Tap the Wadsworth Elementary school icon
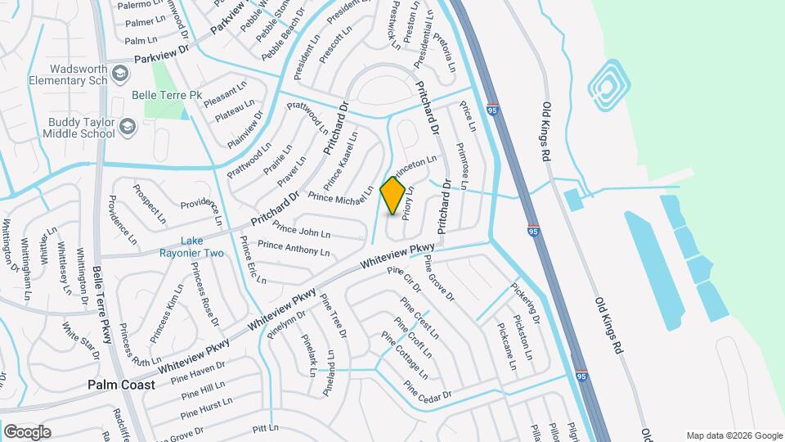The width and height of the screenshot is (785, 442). click(x=120, y=75)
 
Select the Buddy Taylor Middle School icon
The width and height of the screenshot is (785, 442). click(x=127, y=127)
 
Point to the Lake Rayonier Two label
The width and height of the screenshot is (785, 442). click(x=202, y=246)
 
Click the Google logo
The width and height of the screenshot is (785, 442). click(x=27, y=431)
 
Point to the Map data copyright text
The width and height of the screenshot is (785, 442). click(x=733, y=435)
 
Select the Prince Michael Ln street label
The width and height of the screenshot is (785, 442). click(x=340, y=193)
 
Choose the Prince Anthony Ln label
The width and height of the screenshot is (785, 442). click(x=293, y=247)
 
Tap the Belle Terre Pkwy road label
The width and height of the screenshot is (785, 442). click(x=103, y=304)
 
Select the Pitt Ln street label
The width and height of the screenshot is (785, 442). click(x=266, y=428)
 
